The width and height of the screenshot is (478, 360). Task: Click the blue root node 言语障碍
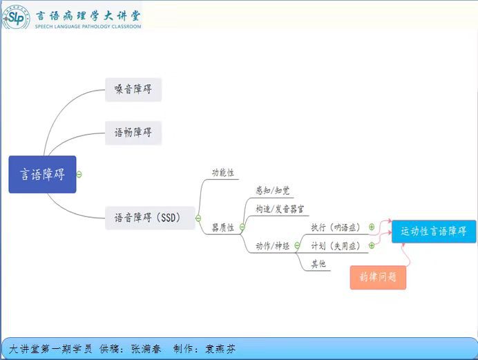(42, 174)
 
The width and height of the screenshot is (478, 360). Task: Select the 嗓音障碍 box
(133, 90)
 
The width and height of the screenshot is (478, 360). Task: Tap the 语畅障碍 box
(133, 133)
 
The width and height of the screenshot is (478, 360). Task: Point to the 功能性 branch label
(223, 173)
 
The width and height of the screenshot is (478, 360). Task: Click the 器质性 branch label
(223, 227)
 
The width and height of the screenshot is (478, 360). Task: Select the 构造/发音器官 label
(280, 209)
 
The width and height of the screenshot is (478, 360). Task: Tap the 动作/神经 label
(273, 245)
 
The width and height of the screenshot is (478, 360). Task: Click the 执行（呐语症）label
(335, 227)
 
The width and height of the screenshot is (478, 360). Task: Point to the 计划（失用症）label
(335, 245)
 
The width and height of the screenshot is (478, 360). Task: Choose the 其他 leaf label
(318, 264)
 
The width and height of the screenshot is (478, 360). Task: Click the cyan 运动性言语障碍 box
(434, 231)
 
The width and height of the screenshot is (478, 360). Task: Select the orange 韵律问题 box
(378, 277)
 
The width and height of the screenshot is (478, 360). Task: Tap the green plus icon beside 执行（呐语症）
(372, 227)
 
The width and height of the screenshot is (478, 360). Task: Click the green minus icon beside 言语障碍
(79, 174)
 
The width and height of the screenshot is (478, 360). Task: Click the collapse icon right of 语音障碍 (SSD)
(198, 218)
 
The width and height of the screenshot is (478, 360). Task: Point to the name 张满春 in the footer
(146, 349)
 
